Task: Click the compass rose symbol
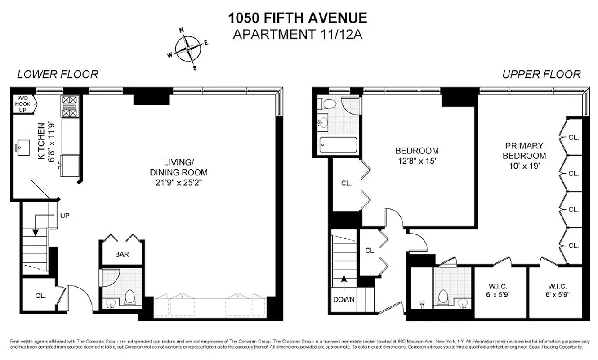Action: point(188,49)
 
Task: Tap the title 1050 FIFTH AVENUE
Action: point(298,18)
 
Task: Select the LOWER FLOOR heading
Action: point(58,74)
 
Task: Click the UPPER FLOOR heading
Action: point(541,74)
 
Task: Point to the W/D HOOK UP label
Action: point(22,104)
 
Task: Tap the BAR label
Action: point(122,254)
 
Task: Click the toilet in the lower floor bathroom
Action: point(130,297)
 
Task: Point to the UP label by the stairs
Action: point(65,216)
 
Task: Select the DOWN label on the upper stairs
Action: point(344,299)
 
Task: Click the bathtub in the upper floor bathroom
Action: point(338,145)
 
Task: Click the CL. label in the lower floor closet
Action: point(42,296)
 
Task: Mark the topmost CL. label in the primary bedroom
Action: point(573,137)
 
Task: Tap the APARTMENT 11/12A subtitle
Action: point(298,34)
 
